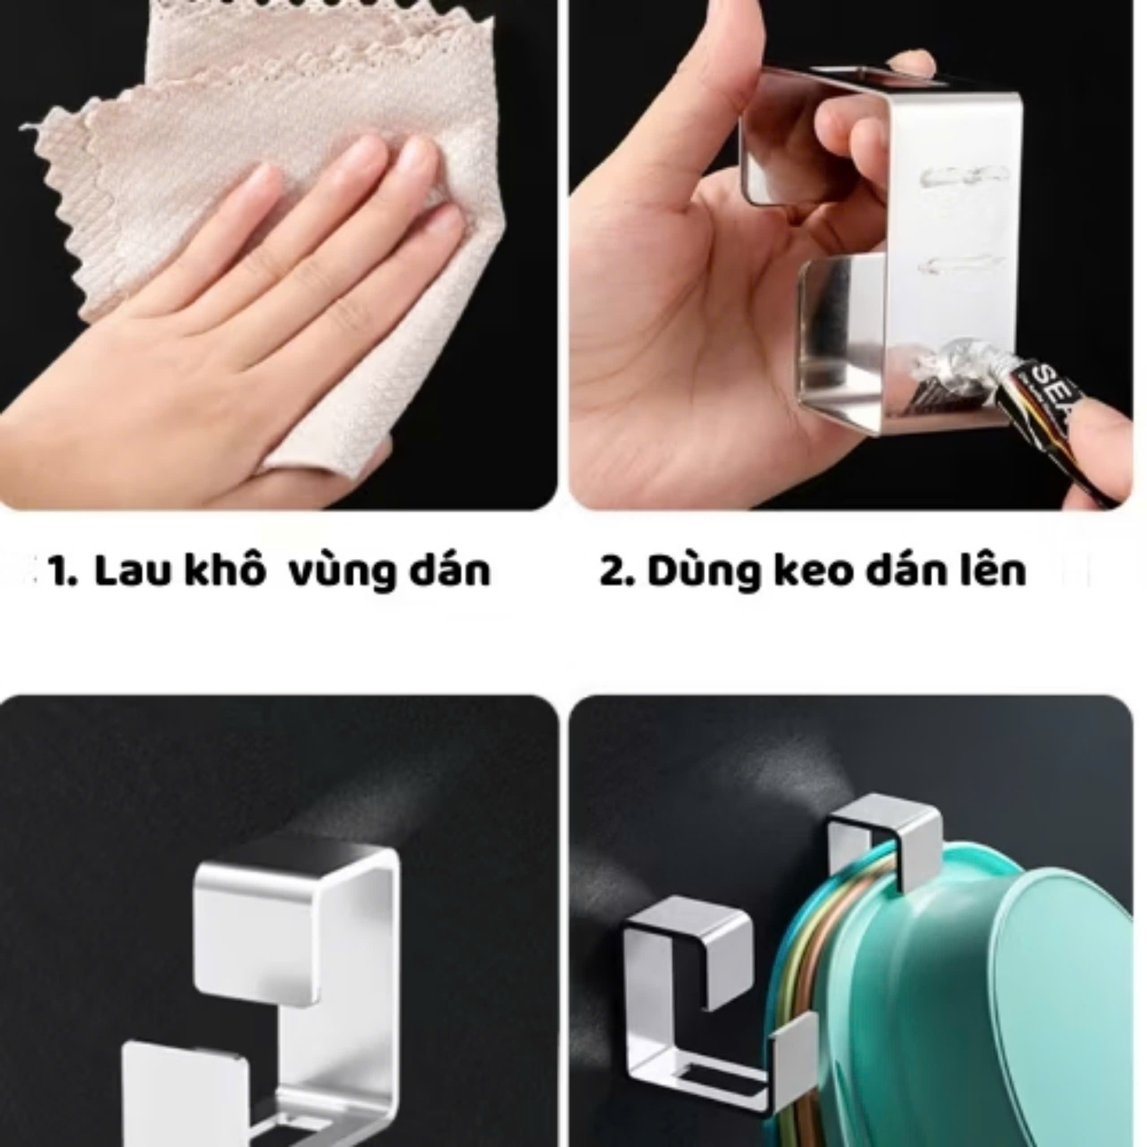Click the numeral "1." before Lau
(62, 571)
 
